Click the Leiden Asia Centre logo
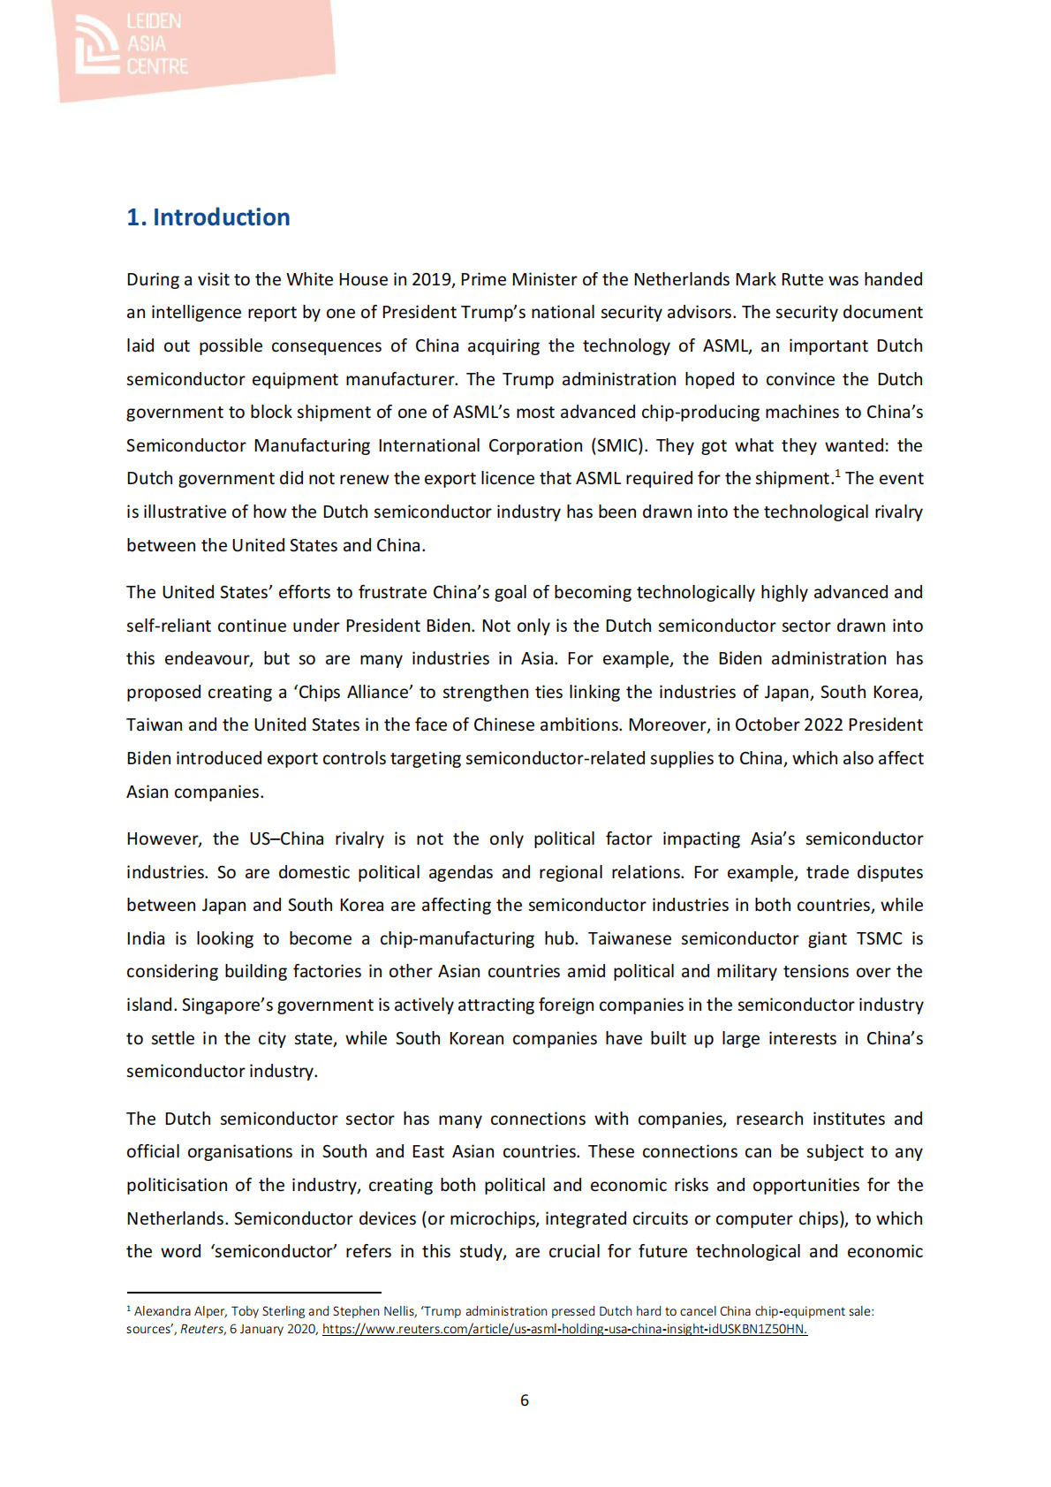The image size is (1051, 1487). pyautogui.click(x=132, y=44)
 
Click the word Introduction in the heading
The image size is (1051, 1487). pyautogui.click(x=221, y=217)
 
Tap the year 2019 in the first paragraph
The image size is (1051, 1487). pyautogui.click(x=431, y=279)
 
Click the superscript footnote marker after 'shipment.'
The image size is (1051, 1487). pyautogui.click(x=837, y=473)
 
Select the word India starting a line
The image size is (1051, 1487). pyautogui.click(x=146, y=938)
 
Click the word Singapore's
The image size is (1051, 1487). pyautogui.click(x=224, y=1005)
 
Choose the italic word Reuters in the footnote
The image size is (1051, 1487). pyautogui.click(x=201, y=1329)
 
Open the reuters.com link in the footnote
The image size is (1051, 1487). pyautogui.click(x=564, y=1329)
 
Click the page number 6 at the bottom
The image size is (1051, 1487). pyautogui.click(x=525, y=1400)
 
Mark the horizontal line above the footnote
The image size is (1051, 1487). pyautogui.click(x=253, y=1293)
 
